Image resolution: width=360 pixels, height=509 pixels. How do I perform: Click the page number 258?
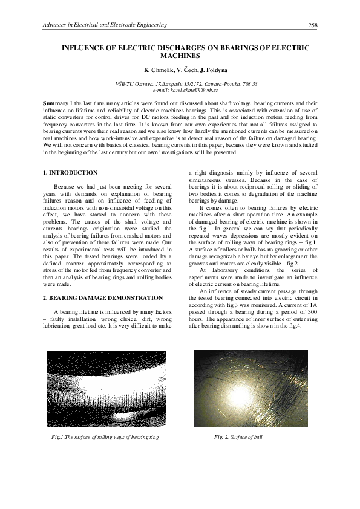click(x=313, y=25)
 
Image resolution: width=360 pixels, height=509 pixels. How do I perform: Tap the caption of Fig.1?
click(x=105, y=436)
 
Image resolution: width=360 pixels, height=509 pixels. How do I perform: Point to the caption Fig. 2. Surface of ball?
click(x=238, y=436)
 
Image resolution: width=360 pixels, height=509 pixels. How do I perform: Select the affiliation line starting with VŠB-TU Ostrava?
click(x=180, y=83)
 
